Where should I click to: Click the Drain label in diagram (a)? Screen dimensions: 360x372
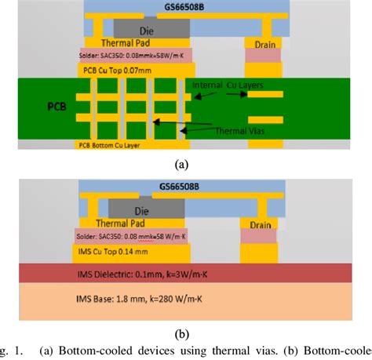264,44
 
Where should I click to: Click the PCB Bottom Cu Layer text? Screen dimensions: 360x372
117,145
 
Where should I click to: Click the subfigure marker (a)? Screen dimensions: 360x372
183,164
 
